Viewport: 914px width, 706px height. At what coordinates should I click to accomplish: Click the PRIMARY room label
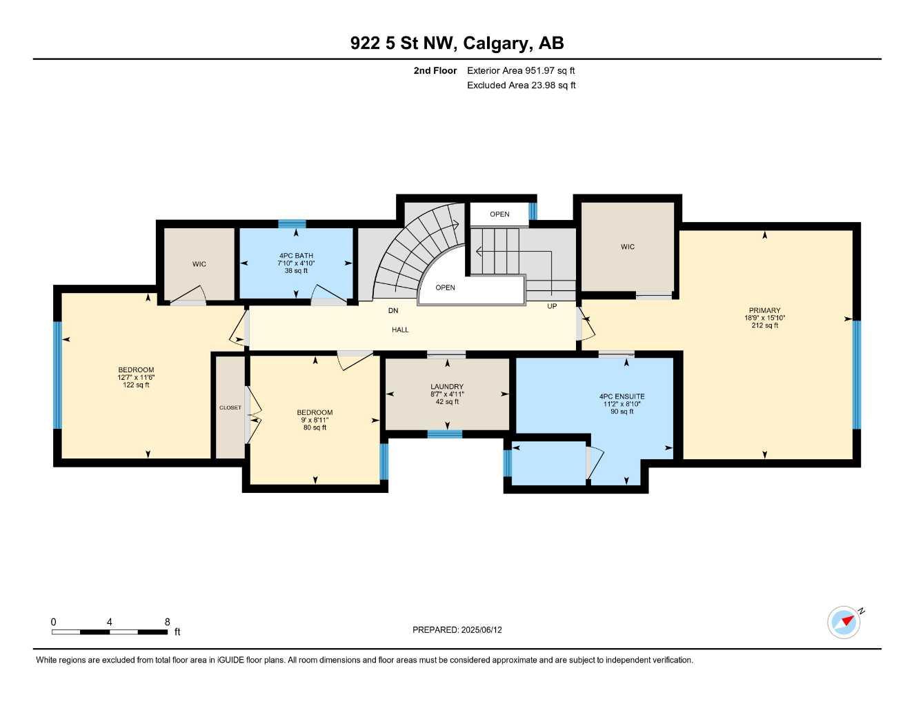[764, 310]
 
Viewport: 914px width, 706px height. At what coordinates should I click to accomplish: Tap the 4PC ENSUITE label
[622, 396]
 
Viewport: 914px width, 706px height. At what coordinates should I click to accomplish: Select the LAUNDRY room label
[447, 387]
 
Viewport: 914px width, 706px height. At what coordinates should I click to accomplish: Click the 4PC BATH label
[296, 256]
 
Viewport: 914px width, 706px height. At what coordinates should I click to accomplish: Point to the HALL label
[400, 330]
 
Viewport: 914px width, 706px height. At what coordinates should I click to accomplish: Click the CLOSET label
[230, 407]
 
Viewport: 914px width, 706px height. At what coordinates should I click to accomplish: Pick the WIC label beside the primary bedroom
[627, 247]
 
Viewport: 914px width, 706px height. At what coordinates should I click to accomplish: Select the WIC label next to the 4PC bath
[199, 264]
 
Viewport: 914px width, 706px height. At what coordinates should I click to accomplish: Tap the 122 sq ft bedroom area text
[136, 385]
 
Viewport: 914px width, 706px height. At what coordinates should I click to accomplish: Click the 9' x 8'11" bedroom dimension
[315, 420]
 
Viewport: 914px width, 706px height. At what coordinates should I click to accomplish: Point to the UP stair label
[552, 306]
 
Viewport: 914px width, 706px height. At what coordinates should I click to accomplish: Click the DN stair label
[393, 311]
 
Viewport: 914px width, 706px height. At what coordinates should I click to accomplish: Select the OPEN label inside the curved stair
[445, 288]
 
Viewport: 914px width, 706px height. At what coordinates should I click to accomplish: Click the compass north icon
[844, 622]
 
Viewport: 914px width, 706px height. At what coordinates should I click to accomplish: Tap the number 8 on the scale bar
[167, 622]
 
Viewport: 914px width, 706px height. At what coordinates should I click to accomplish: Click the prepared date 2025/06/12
[481, 629]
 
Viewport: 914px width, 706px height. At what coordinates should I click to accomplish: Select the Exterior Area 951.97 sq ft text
[521, 70]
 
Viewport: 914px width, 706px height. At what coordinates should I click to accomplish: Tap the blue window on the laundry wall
[444, 434]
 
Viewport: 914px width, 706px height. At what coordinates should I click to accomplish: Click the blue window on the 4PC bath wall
[292, 223]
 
